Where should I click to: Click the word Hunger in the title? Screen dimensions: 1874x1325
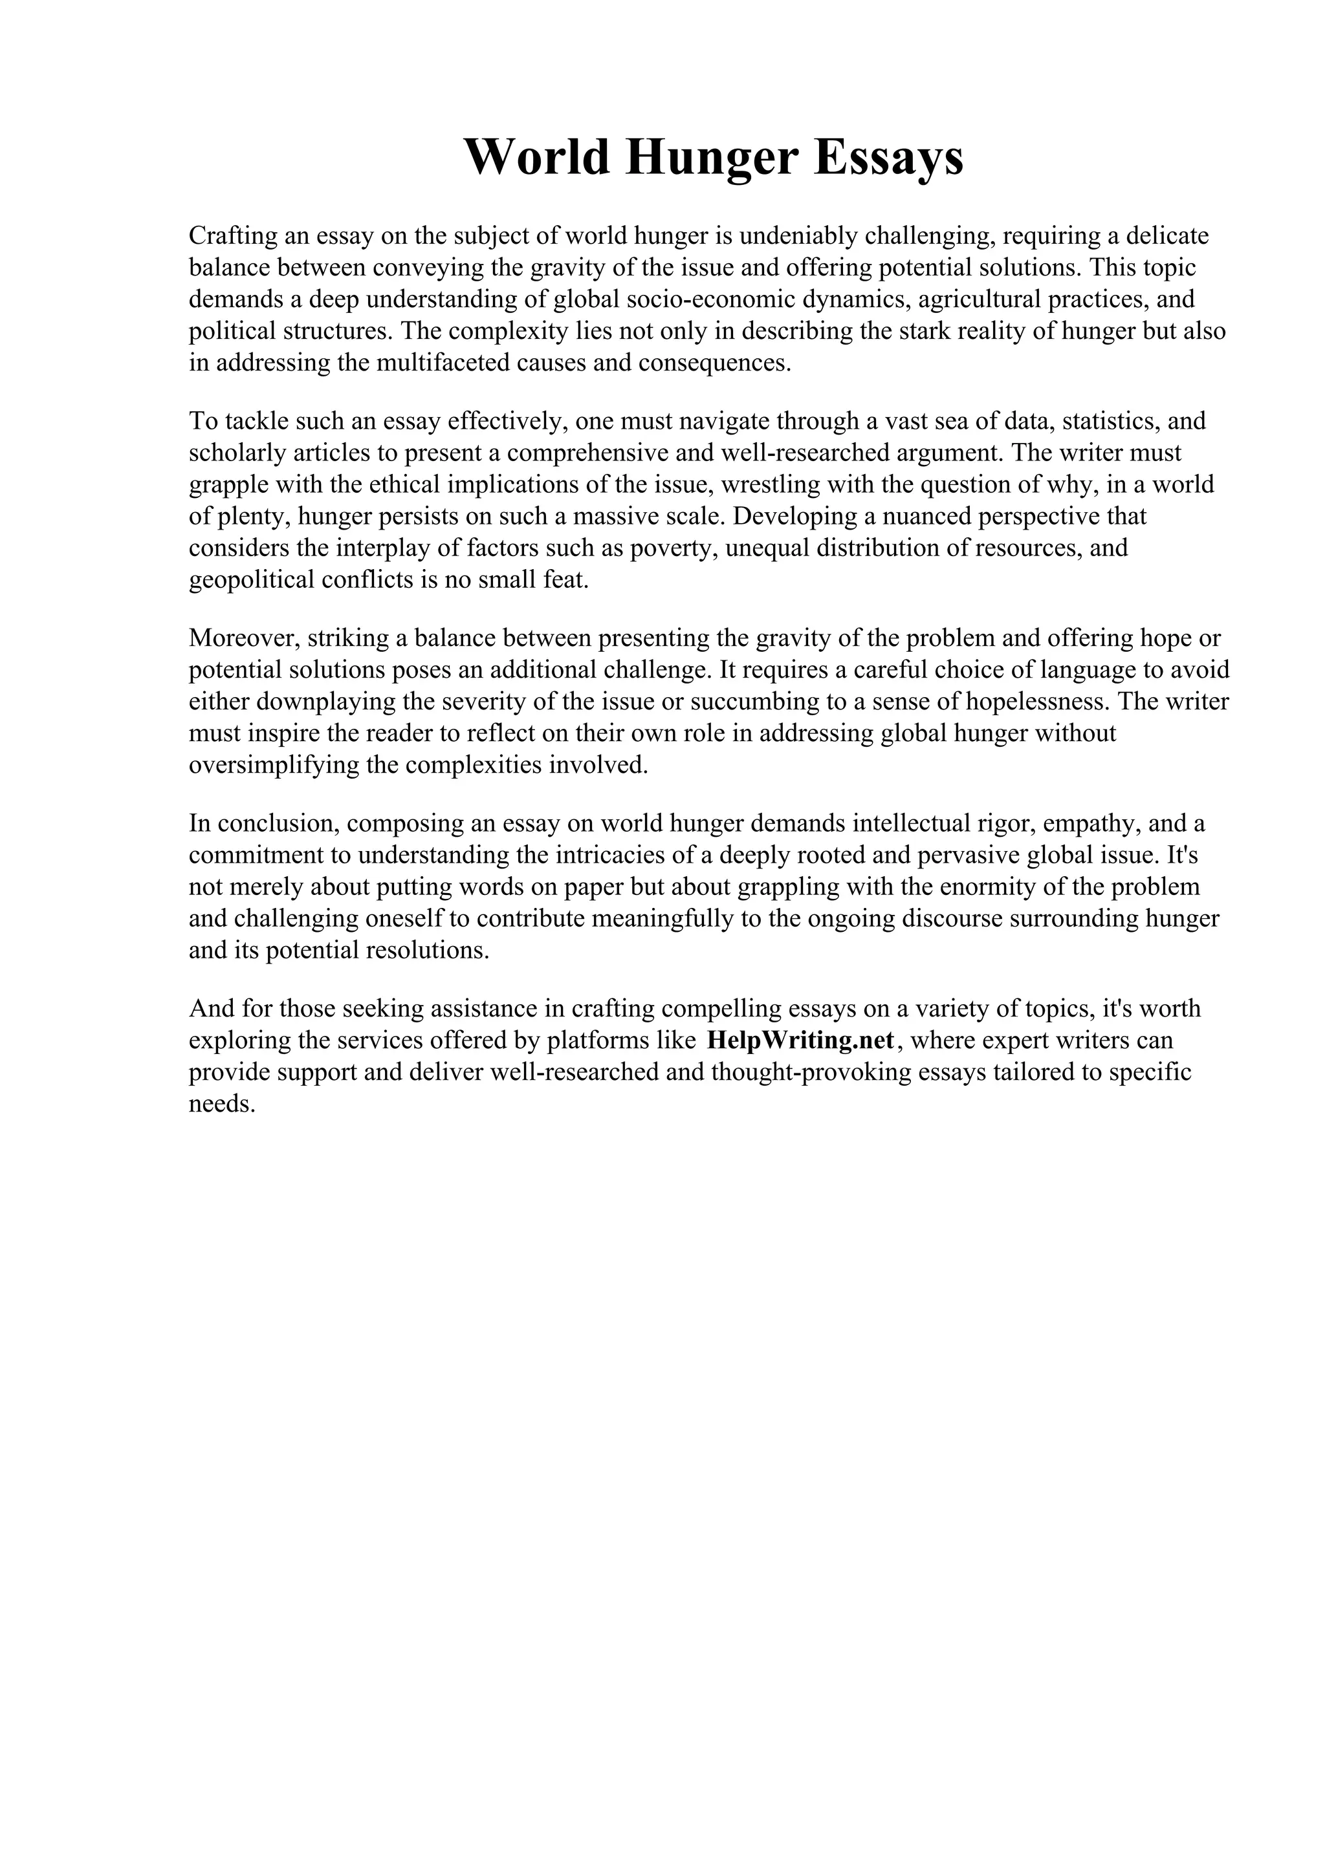710,158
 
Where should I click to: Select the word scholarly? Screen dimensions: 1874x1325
236,453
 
